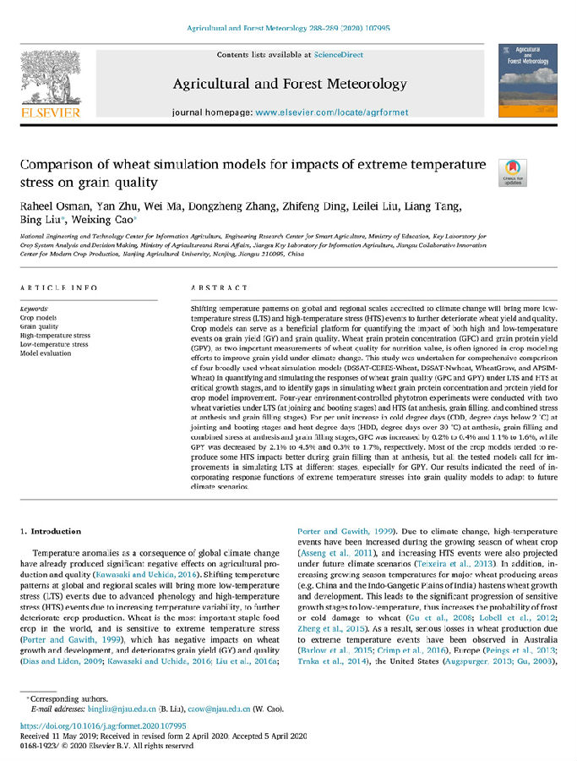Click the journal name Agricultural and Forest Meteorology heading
pos(289,84)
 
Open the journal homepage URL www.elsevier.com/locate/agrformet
pos(328,112)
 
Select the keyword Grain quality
pos(39,326)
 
